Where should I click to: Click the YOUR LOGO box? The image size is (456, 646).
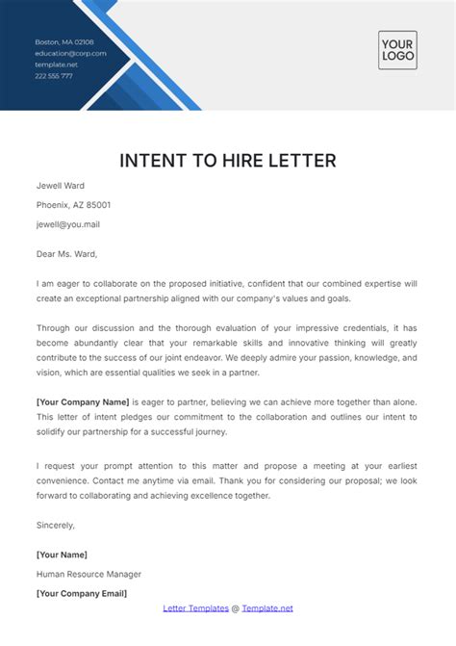coord(397,49)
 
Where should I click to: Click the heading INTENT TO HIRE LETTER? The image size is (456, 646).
coord(227,160)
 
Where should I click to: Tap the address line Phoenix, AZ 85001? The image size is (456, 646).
coord(73,205)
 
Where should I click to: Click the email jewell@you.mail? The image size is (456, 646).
coord(68,224)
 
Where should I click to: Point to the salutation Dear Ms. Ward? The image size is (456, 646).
coord(66,254)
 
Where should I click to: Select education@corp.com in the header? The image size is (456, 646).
coord(70,54)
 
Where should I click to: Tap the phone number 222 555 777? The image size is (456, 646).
coord(54,76)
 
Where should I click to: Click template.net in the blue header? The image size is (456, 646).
coord(56,65)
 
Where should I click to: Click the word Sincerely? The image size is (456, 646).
coord(55,526)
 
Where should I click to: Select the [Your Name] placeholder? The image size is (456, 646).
coord(62,555)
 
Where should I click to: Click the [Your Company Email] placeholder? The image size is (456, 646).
coord(82,593)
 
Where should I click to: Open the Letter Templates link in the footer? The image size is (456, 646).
coord(195,608)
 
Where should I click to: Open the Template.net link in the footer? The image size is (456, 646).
coord(267,608)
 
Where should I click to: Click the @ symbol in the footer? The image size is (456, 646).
coord(236,608)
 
